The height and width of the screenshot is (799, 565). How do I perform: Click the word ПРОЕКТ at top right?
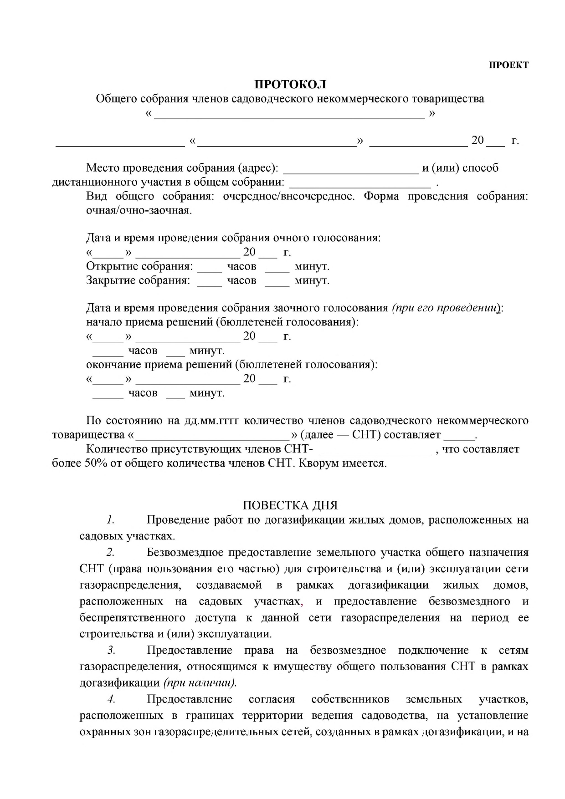508,65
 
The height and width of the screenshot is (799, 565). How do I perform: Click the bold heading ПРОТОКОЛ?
290,85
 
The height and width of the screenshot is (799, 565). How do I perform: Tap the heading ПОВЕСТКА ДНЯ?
290,505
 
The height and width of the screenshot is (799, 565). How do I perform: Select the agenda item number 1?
110,520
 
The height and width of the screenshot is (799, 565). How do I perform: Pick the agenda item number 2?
110,553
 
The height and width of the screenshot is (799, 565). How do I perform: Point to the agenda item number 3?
111,650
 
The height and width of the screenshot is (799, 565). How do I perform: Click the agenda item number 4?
111,699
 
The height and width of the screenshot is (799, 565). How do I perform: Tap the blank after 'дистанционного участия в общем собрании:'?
360,183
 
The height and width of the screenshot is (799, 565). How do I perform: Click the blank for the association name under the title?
290,114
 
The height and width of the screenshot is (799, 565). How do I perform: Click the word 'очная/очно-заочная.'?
139,211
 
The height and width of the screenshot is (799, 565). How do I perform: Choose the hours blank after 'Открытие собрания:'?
209,268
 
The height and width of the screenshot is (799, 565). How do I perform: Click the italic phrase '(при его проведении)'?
446,308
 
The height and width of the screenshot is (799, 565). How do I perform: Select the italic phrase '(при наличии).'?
200,683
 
